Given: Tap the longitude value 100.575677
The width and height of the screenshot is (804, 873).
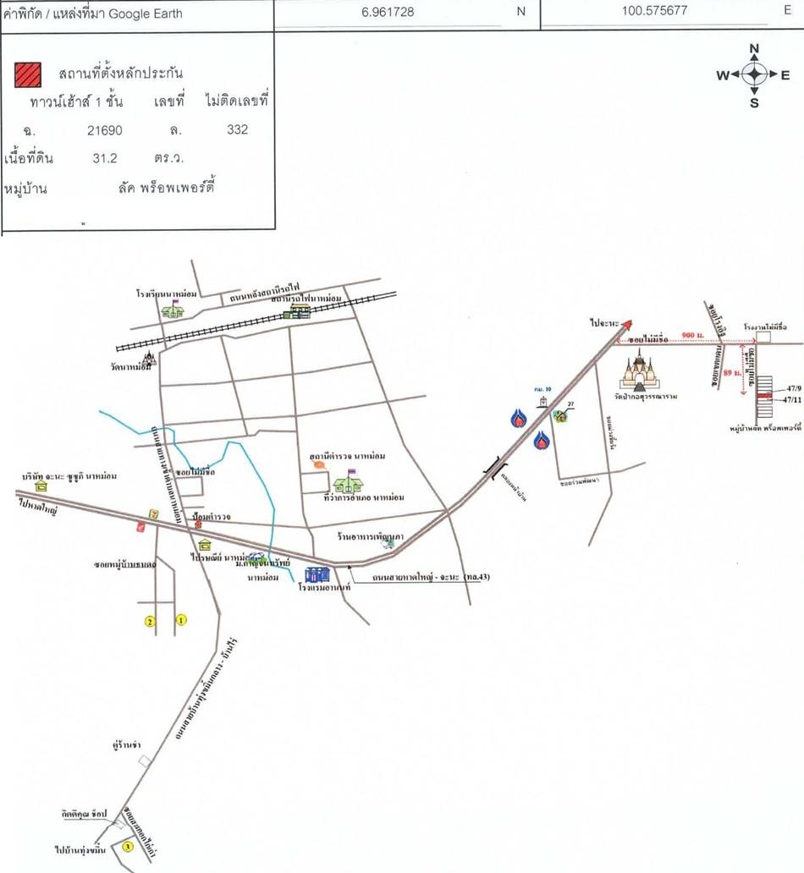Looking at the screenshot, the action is [x=654, y=11].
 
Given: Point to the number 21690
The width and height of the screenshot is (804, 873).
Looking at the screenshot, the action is [x=104, y=130].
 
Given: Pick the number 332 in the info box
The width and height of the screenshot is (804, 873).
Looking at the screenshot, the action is [x=237, y=130].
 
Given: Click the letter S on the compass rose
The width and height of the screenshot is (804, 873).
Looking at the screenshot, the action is [x=754, y=104].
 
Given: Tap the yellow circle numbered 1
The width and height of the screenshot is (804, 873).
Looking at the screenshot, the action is [x=180, y=620].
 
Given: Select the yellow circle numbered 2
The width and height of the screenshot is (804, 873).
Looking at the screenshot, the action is [x=150, y=622].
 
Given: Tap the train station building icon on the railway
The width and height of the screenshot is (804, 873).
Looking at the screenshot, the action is [x=300, y=311].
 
